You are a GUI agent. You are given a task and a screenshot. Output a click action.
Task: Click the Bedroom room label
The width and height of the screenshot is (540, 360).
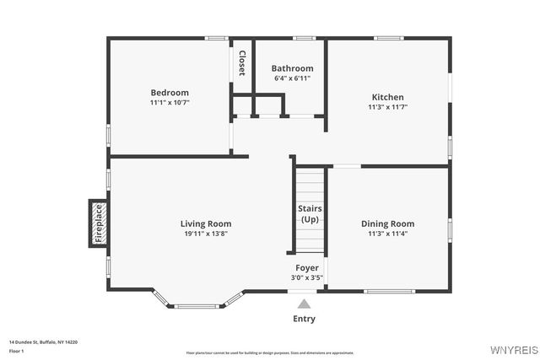tap(170, 92)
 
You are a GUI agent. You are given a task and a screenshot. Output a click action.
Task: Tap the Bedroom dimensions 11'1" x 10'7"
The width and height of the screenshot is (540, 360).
tap(170, 103)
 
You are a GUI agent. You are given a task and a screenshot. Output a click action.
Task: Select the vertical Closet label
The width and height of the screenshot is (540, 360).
tap(242, 63)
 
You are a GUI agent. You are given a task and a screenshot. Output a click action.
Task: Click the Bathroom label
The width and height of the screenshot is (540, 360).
tap(292, 68)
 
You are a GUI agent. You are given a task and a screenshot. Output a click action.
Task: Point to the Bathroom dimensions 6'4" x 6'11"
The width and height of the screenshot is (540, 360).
tap(292, 78)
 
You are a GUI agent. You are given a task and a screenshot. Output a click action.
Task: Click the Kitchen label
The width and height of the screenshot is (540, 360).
tap(387, 97)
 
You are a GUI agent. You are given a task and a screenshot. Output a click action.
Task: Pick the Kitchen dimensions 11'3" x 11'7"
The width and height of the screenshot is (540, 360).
tap(387, 107)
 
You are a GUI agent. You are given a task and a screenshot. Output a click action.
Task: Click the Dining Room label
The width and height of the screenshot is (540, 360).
tap(387, 223)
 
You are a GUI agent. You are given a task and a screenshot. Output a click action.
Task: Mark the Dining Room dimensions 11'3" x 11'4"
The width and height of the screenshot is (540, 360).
tap(387, 234)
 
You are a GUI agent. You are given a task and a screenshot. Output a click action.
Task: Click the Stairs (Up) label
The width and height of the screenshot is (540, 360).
tap(310, 213)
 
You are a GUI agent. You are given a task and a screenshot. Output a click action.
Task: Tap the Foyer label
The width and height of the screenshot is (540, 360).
tap(306, 267)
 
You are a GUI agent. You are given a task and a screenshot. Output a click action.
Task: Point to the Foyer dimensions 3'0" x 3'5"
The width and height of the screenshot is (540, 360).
tap(306, 277)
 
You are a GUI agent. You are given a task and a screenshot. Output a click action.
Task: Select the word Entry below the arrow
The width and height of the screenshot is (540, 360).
tap(305, 319)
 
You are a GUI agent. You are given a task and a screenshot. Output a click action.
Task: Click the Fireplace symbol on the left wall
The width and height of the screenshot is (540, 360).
tap(98, 223)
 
